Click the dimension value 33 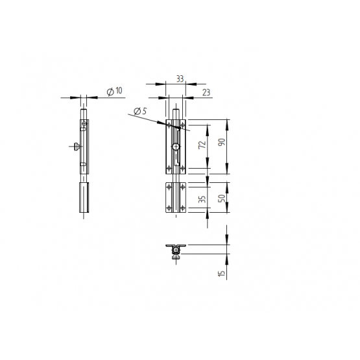tap(180, 78)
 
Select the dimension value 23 tap(206, 92)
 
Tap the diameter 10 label tap(114, 91)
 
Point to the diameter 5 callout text tap(140, 112)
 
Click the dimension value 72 tap(202, 145)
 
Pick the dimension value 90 tap(222, 142)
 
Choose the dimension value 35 tap(202, 199)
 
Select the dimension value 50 tap(222, 198)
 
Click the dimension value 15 tap(222, 273)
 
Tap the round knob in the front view tap(176, 147)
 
